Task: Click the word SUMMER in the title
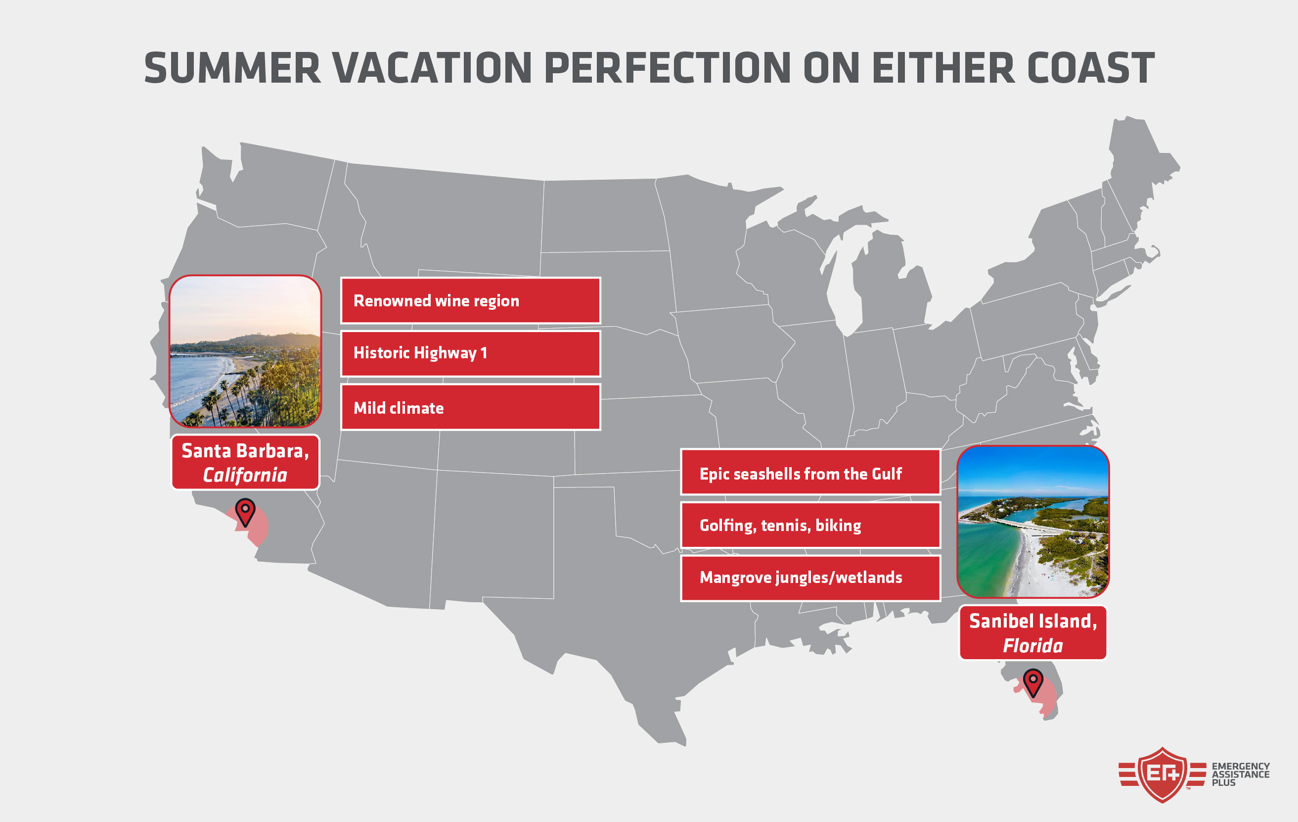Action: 232,68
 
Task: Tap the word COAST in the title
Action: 1091,68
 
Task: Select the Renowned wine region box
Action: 471,300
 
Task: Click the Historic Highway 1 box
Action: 471,353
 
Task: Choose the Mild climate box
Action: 471,407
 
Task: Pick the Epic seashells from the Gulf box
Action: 811,472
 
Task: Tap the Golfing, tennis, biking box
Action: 811,525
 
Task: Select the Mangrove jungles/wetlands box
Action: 811,578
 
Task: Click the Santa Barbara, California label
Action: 245,462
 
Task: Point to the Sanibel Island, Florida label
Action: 1033,632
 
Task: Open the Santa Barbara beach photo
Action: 245,351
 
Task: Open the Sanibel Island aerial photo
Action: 1033,522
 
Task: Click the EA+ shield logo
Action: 1162,775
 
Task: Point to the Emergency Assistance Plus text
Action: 1241,774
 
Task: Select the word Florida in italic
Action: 1033,646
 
